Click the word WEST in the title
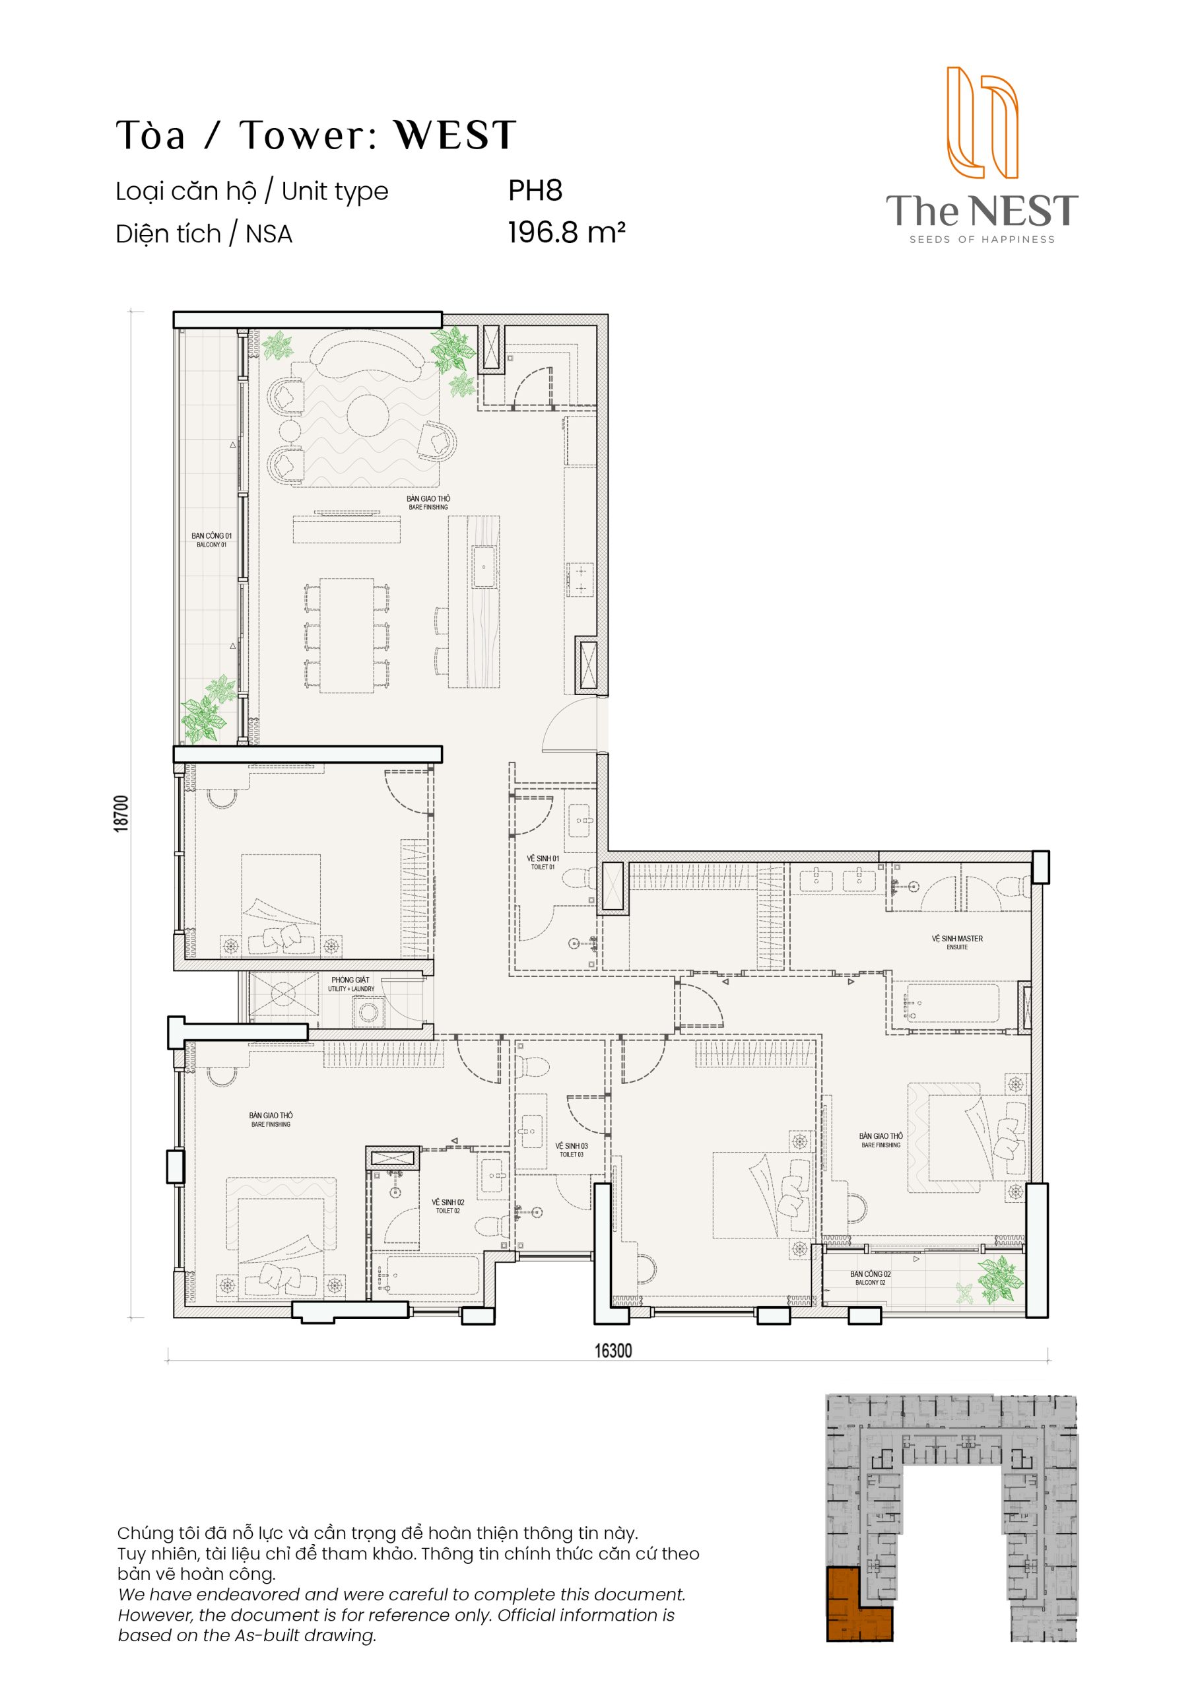(455, 135)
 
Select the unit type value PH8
(535, 191)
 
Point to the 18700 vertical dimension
(121, 814)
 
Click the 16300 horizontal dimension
(613, 1350)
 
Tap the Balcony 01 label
(211, 540)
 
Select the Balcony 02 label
(870, 1277)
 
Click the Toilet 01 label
(543, 862)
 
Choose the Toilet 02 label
(448, 1206)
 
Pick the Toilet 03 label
(572, 1149)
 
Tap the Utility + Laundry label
(350, 984)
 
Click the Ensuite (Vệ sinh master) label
(956, 943)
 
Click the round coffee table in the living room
(368, 415)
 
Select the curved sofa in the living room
(366, 353)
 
